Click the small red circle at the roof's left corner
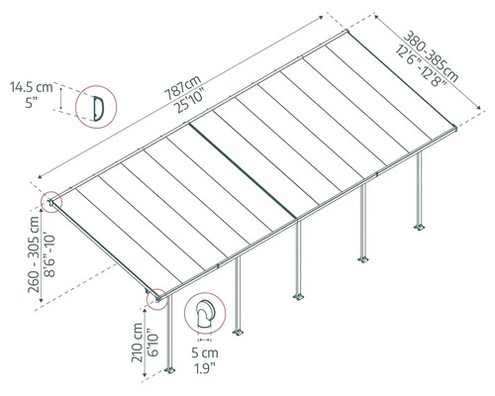(50, 204)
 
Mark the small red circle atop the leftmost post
(154, 298)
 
